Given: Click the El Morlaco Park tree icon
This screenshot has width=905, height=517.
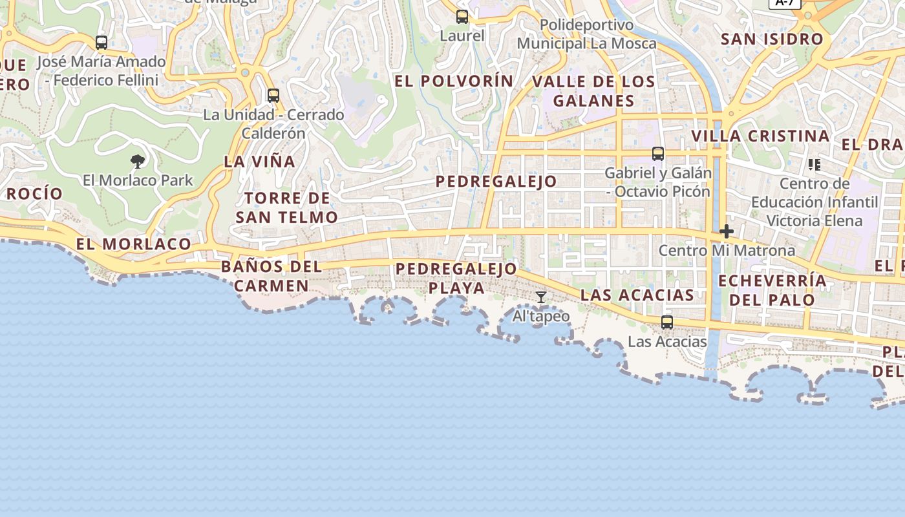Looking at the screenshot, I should pyautogui.click(x=137, y=161).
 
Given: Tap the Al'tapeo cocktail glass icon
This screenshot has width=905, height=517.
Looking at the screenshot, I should pyautogui.click(x=541, y=297).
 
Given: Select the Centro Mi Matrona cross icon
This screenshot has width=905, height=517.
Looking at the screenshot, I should pyautogui.click(x=727, y=231).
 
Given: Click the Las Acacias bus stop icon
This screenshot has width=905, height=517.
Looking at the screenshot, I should pyautogui.click(x=667, y=322).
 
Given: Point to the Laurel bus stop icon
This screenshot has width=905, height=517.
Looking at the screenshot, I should pyautogui.click(x=462, y=17).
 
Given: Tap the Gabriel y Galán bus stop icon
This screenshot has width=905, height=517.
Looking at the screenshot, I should pyautogui.click(x=658, y=154).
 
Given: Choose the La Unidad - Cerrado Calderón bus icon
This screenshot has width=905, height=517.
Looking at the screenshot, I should pyautogui.click(x=273, y=96).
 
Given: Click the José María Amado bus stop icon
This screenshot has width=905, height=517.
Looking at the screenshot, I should pyautogui.click(x=101, y=43).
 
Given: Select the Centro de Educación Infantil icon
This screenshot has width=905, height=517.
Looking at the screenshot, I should pyautogui.click(x=814, y=165).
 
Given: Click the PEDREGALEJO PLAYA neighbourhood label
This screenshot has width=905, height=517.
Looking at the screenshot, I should pyautogui.click(x=456, y=278).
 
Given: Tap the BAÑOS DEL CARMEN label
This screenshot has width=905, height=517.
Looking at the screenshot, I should pyautogui.click(x=271, y=276).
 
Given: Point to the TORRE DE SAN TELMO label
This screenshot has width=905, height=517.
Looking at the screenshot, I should pyautogui.click(x=286, y=207).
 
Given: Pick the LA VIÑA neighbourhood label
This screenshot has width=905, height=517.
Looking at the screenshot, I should pyautogui.click(x=259, y=162).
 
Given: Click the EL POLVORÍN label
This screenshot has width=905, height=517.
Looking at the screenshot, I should pyautogui.click(x=454, y=81).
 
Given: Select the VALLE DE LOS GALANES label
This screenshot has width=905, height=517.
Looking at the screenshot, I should pyautogui.click(x=593, y=91).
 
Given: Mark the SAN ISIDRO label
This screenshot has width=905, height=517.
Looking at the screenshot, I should pyautogui.click(x=772, y=39).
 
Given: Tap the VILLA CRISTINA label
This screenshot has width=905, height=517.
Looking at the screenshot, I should pyautogui.click(x=760, y=136).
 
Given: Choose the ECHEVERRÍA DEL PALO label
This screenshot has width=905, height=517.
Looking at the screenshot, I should pyautogui.click(x=772, y=290).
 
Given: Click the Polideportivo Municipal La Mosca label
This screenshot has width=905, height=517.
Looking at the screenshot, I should pyautogui.click(x=586, y=34).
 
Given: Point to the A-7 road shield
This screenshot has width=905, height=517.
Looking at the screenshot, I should pyautogui.click(x=784, y=3).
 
